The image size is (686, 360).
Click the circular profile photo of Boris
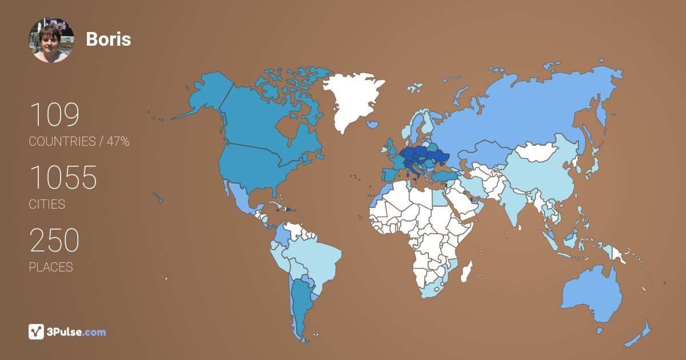(51, 40)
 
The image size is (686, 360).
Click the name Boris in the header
(108, 39)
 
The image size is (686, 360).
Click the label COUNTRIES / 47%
(79, 142)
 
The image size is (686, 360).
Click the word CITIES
(47, 205)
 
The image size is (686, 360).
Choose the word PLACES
(51, 267)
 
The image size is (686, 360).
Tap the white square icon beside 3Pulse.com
(37, 331)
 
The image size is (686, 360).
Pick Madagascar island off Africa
(466, 271)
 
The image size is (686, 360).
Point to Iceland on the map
(372, 124)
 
